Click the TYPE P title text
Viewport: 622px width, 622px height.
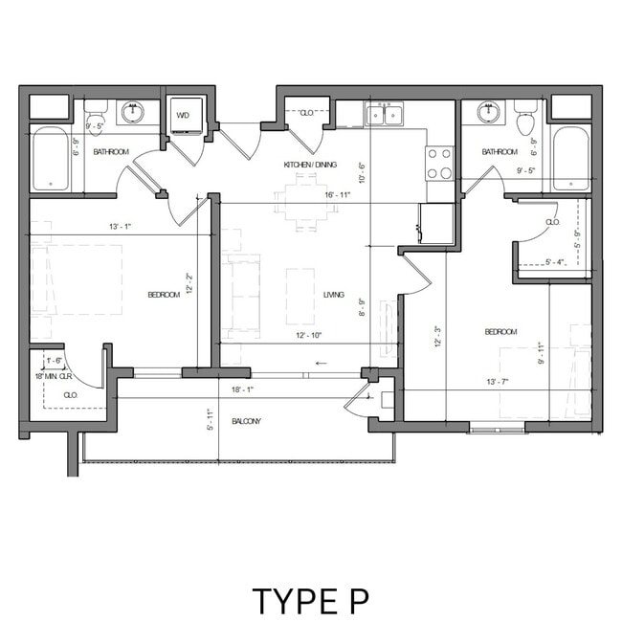(310, 600)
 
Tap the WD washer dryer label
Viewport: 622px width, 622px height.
(184, 116)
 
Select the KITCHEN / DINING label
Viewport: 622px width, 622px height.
(310, 165)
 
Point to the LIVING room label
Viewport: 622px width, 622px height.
(333, 295)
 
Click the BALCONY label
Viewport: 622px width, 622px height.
(247, 421)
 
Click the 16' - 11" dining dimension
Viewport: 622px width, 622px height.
(311, 195)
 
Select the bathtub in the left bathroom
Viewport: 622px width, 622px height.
(50, 160)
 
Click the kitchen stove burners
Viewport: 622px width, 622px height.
(439, 163)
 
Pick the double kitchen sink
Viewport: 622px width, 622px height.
(386, 116)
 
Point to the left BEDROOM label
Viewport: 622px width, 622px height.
(163, 295)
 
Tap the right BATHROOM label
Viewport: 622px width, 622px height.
(500, 151)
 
